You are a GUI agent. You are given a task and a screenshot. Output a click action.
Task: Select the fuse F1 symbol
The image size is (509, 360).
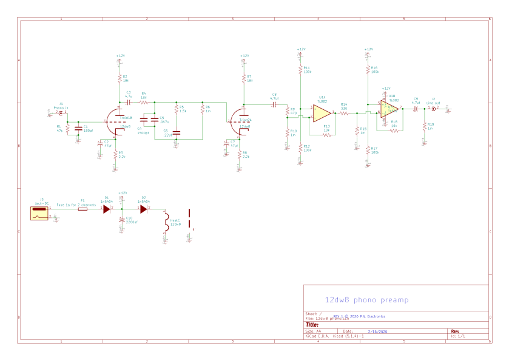pos(83,208)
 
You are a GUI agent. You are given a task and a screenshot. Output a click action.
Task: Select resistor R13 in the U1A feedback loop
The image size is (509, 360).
pos(326,136)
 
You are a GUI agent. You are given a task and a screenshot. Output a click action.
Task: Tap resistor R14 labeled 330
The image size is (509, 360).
pos(344,114)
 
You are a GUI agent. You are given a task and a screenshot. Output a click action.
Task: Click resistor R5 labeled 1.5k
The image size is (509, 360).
pos(176,109)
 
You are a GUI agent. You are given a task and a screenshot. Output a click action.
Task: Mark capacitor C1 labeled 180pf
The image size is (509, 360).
pos(78,127)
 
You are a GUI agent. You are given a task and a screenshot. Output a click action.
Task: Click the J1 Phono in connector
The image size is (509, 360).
pos(59,112)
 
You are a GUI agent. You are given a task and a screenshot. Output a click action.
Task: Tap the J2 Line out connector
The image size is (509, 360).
pos(433,109)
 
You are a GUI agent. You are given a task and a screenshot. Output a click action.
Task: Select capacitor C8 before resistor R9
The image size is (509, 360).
pos(274,104)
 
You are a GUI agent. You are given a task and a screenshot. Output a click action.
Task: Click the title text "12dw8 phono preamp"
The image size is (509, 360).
pos(367,299)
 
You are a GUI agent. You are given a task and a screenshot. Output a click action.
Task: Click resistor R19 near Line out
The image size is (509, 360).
pos(424,127)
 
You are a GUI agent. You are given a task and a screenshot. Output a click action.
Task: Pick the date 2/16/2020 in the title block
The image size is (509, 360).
pos(370,331)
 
